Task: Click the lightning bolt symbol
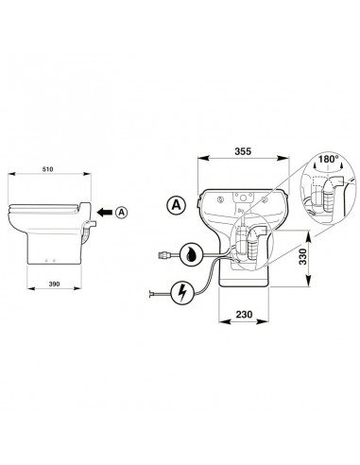(183, 293)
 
